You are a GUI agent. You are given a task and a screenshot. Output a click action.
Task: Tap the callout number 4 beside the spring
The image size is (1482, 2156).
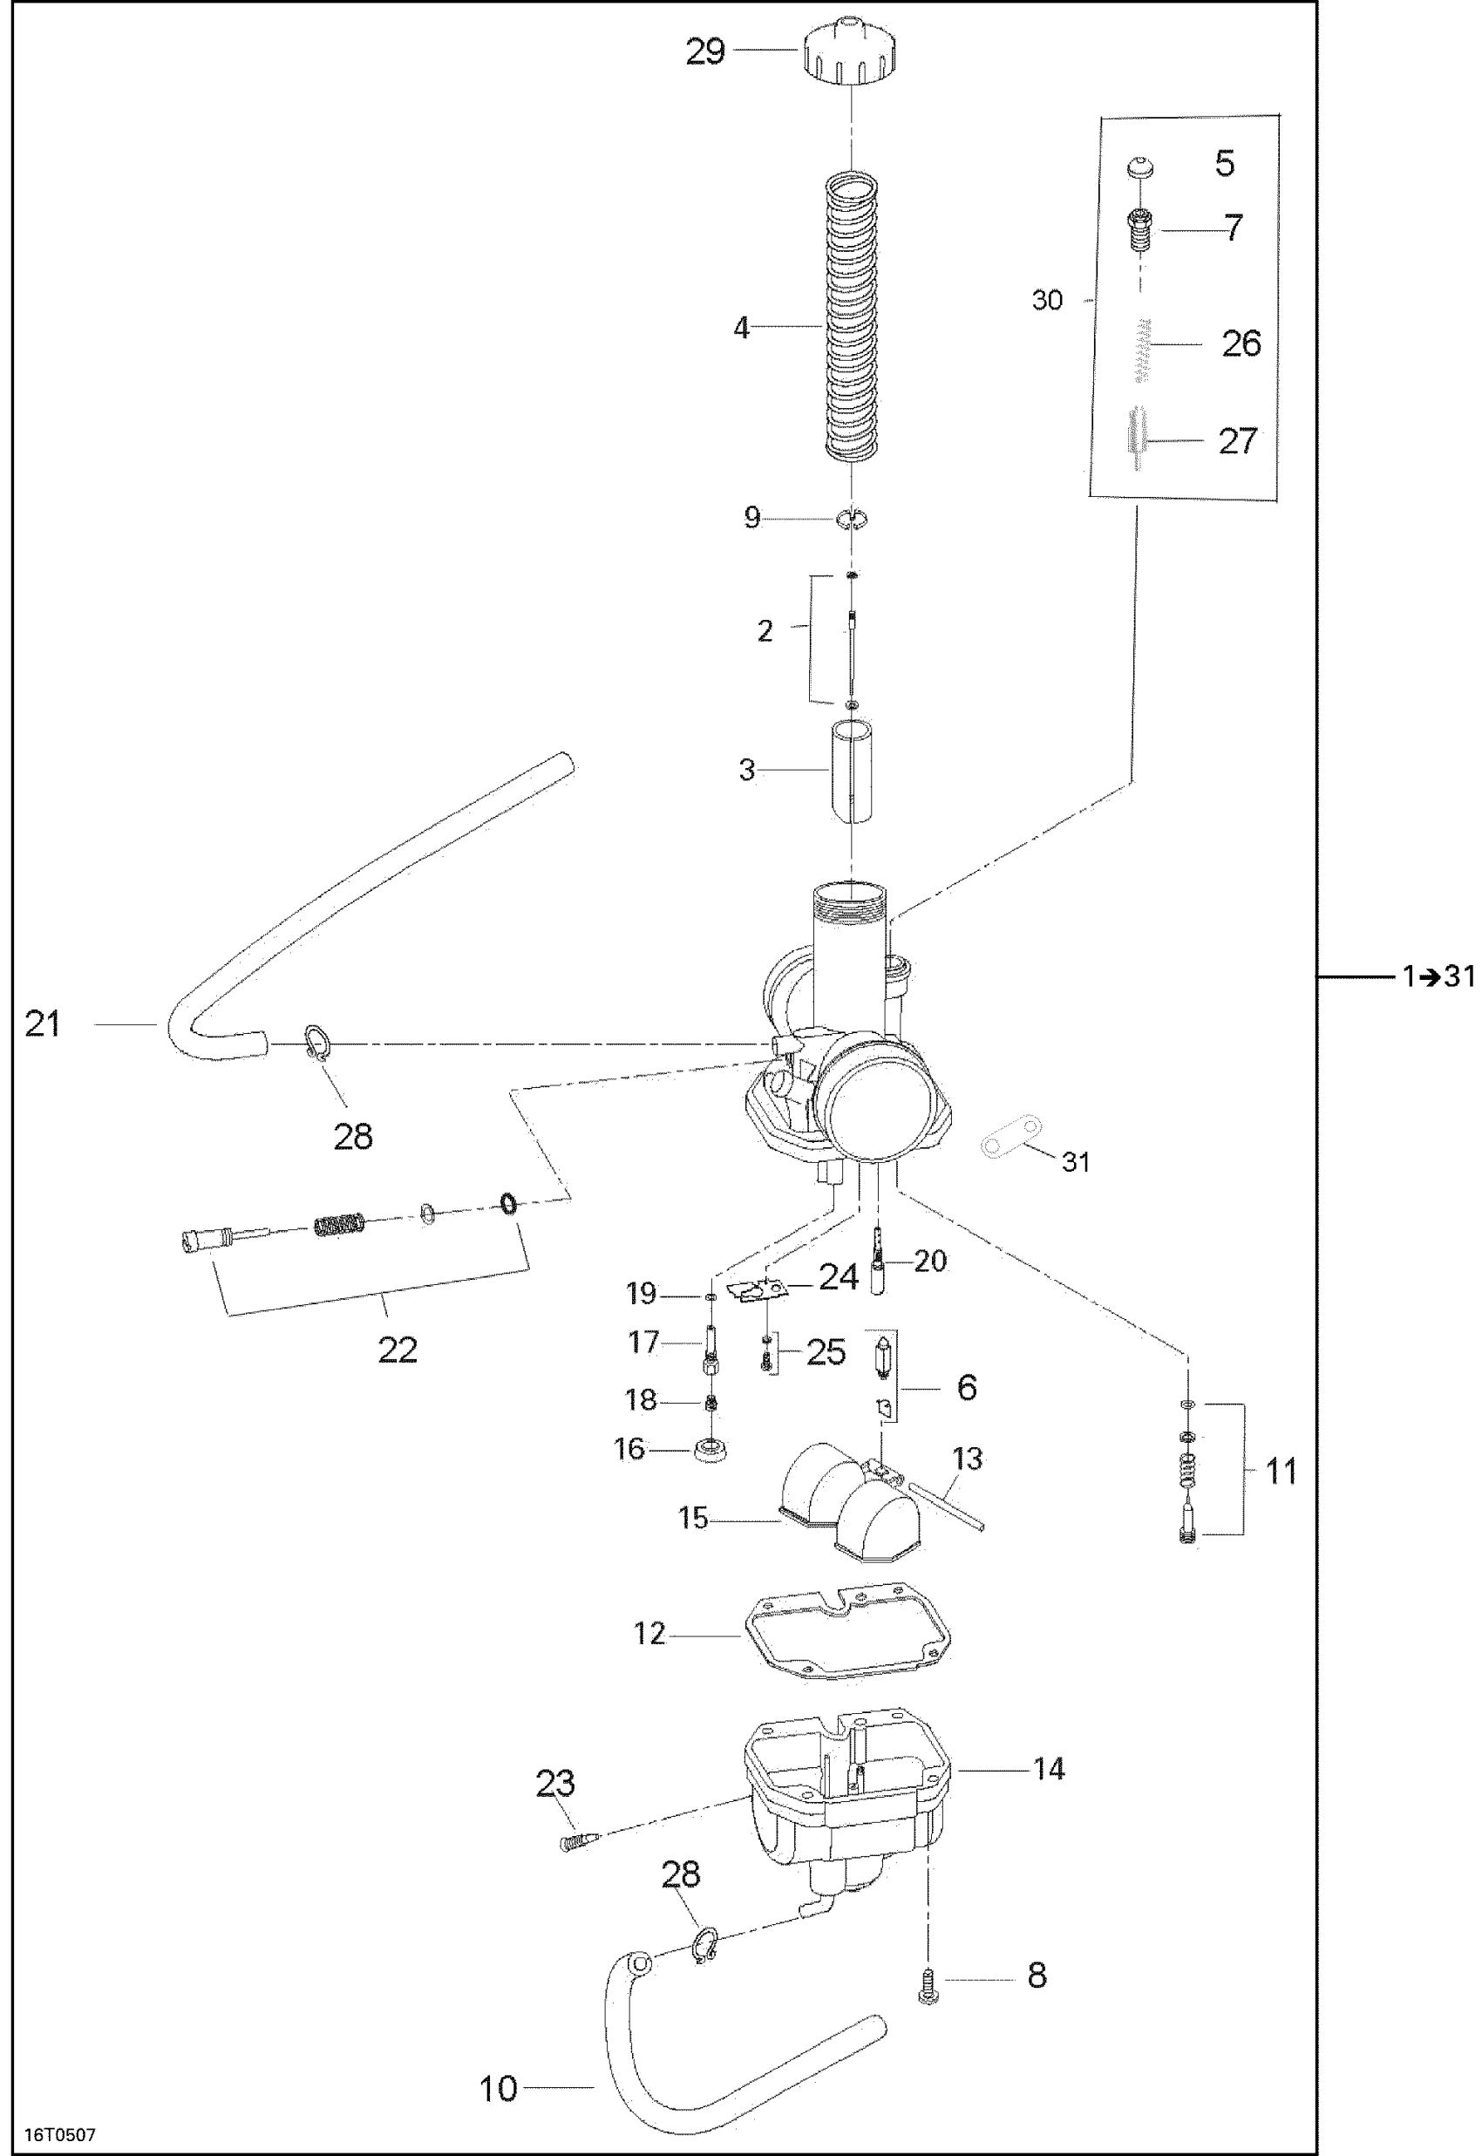pos(741,328)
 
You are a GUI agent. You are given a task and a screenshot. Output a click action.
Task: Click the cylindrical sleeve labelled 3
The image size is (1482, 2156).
pos(851,771)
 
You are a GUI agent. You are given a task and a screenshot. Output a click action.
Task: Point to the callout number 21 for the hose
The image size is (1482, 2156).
pos(43,1024)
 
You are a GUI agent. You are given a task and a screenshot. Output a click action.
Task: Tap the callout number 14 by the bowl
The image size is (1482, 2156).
pos(1050,1769)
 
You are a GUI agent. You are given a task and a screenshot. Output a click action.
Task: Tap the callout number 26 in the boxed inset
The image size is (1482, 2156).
pos(1241,343)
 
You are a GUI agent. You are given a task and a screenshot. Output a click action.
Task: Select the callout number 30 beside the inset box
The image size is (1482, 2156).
pos(1046,300)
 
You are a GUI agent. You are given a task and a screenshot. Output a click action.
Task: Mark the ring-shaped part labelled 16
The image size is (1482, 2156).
pos(711,1447)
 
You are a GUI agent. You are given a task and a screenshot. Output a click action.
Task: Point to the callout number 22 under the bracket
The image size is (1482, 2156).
pos(398,1349)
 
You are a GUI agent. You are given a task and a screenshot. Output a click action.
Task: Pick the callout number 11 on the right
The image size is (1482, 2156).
pos(1281,1470)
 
